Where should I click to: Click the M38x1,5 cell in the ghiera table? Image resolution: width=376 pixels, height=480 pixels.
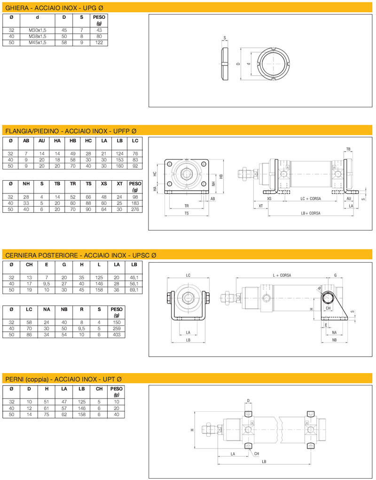point(37,36)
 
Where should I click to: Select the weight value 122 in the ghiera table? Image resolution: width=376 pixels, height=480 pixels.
point(99,43)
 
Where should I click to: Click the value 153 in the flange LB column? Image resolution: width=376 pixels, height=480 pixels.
point(119,160)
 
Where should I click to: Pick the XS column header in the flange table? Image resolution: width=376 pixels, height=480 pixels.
point(104,184)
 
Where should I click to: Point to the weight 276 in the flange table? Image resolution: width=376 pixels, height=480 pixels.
point(135,209)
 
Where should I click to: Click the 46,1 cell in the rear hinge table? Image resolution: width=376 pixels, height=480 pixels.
point(134,277)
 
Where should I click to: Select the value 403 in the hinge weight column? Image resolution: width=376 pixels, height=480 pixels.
point(117,335)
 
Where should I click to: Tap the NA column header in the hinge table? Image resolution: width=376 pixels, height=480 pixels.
point(47,310)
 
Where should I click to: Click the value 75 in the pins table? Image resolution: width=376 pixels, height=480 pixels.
point(47,415)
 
